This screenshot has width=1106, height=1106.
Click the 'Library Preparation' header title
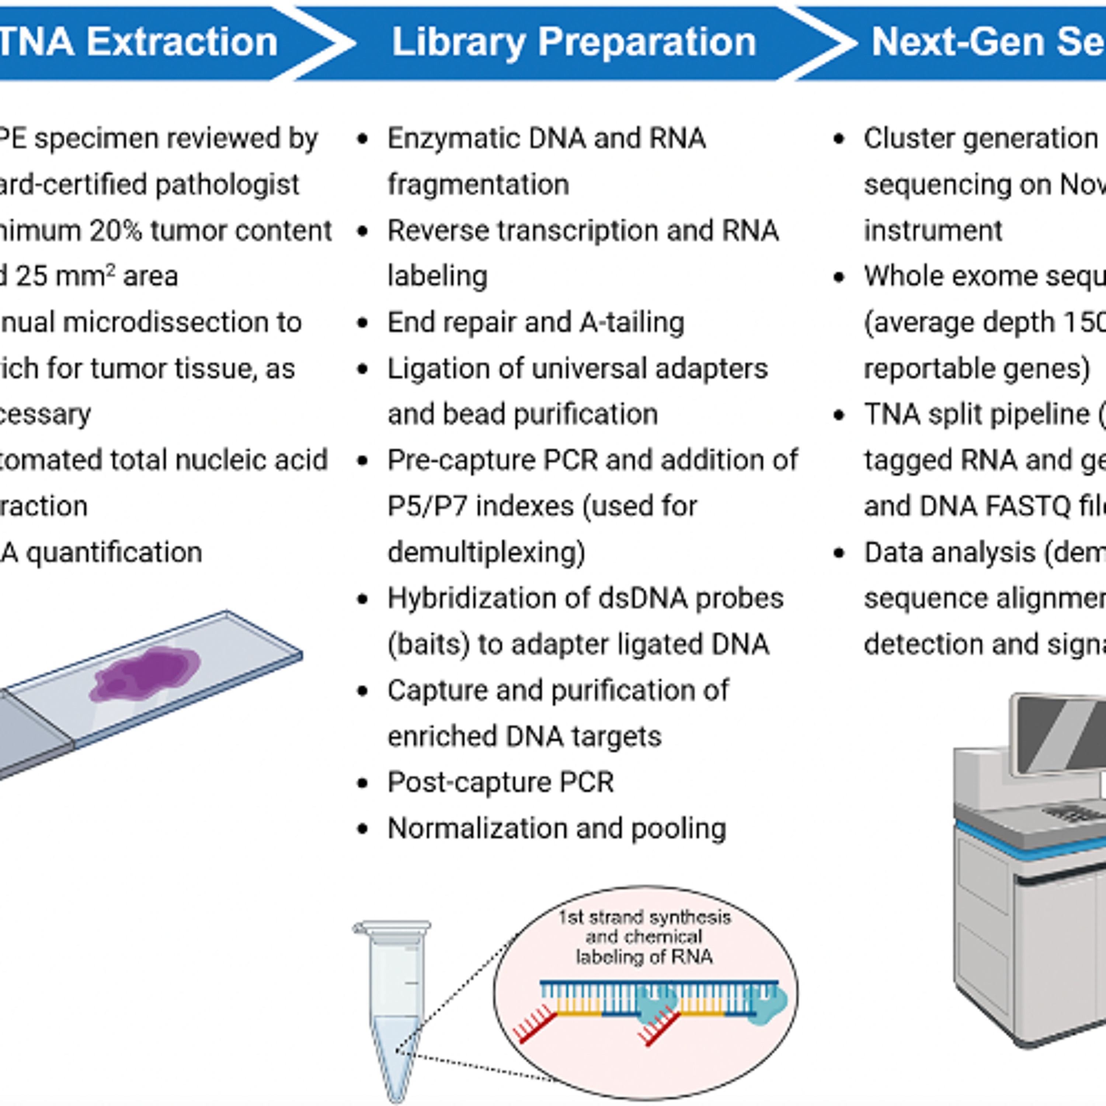[574, 42]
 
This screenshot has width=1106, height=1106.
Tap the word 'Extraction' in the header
[182, 42]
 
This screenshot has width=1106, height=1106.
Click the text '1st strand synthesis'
[644, 918]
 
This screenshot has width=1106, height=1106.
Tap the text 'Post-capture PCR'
[500, 782]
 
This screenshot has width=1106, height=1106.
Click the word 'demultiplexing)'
[486, 552]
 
